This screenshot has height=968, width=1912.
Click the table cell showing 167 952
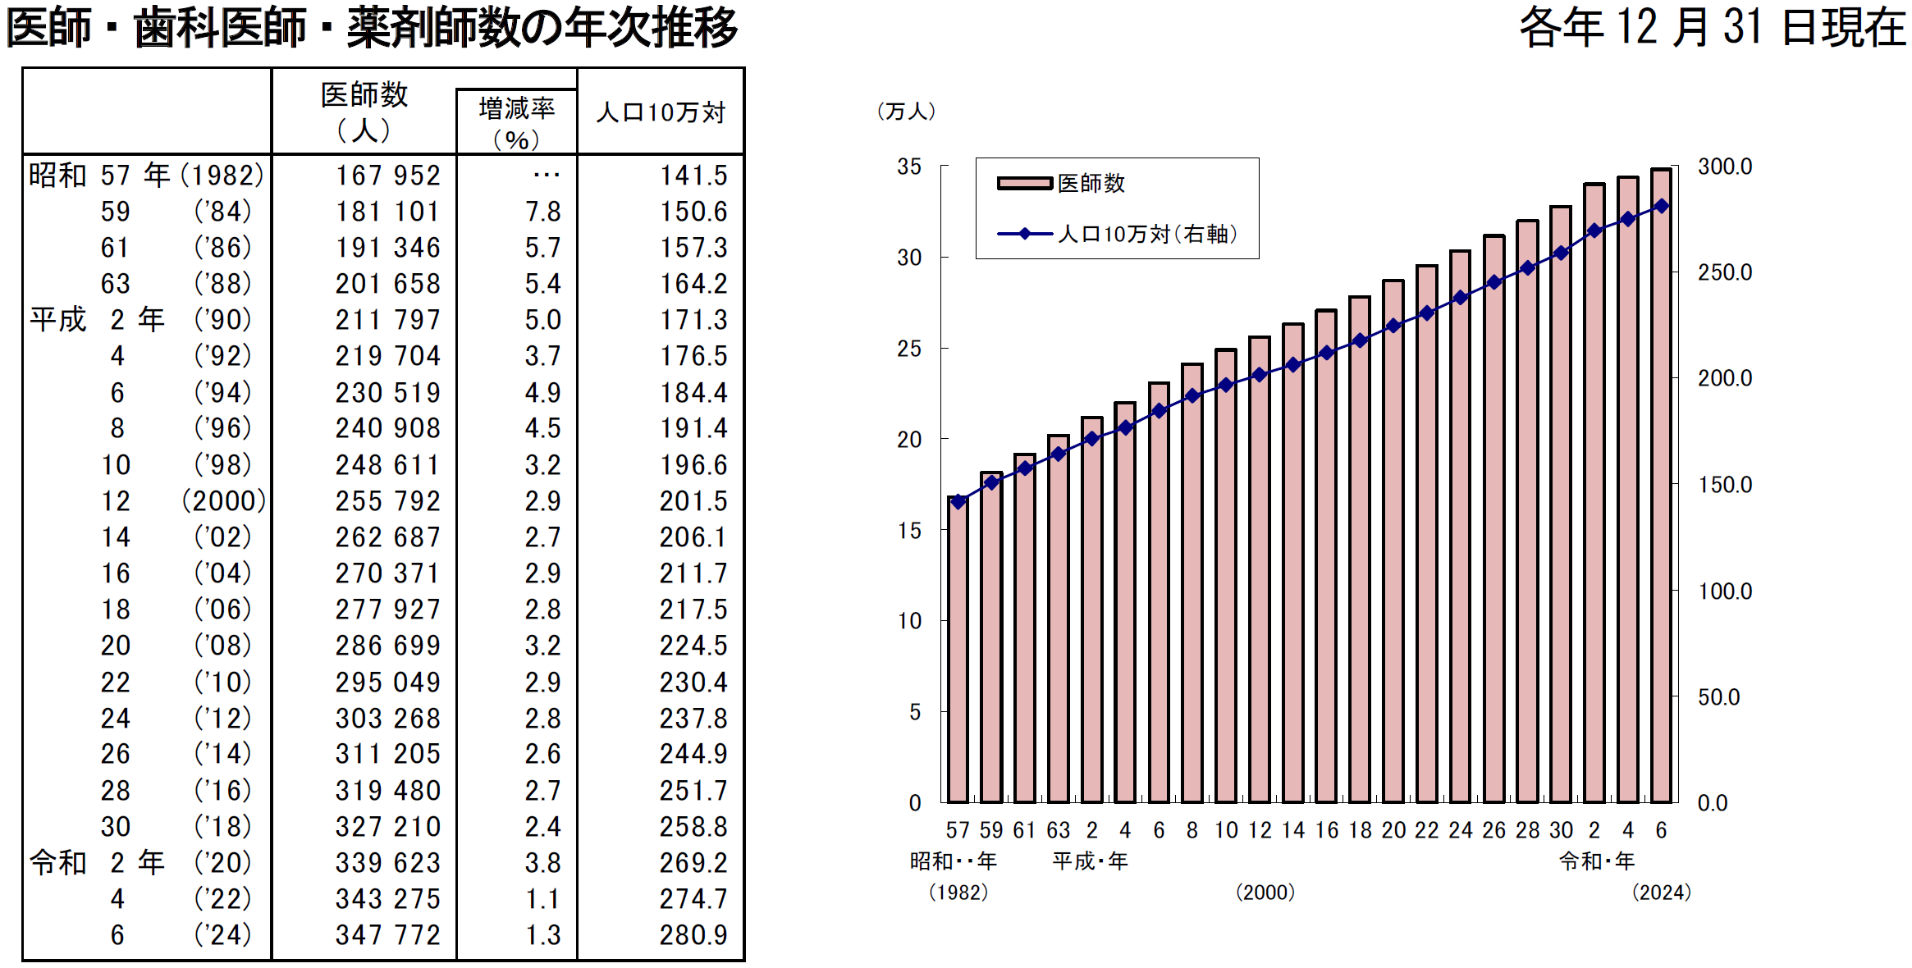pyautogui.click(x=387, y=176)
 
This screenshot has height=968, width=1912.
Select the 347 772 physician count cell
pyautogui.click(x=387, y=934)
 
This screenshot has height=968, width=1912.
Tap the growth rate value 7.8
pyautogui.click(x=542, y=212)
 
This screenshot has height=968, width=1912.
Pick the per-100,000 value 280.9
pyautogui.click(x=693, y=934)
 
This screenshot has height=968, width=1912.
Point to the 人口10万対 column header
pyautogui.click(x=661, y=112)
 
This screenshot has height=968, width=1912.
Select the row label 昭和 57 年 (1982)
pyautogui.click(x=146, y=176)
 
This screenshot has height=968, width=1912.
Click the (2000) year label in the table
pyautogui.click(x=224, y=500)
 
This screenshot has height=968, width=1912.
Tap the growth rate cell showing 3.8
pyautogui.click(x=542, y=862)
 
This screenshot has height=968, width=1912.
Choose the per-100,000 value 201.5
pyautogui.click(x=693, y=500)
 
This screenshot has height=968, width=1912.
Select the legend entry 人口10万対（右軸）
pyautogui.click(x=1116, y=235)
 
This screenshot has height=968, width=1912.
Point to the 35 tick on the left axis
pyautogui.click(x=909, y=167)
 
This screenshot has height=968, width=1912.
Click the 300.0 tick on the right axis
pyautogui.click(x=1725, y=167)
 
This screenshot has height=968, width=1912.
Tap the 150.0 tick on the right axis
pyautogui.click(x=1725, y=485)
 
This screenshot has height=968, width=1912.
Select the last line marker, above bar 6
pyautogui.click(x=1662, y=206)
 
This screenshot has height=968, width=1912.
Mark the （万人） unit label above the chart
pyautogui.click(x=906, y=112)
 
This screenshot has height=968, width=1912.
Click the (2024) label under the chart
pyautogui.click(x=1662, y=893)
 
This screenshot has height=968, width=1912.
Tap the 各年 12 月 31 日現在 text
pyautogui.click(x=1712, y=27)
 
